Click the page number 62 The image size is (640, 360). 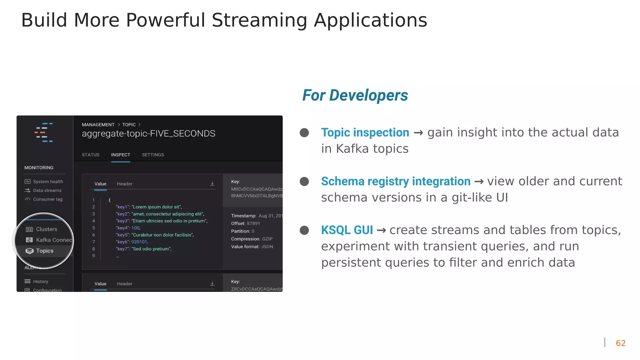[620, 343]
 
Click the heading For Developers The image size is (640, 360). [355, 95]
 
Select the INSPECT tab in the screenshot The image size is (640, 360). [121, 155]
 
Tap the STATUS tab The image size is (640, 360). [91, 155]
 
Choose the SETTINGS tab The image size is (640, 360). [153, 155]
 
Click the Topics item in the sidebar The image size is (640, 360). [44, 251]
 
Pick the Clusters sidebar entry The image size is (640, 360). [46, 229]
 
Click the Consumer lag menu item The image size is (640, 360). [47, 199]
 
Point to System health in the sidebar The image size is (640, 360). [48, 182]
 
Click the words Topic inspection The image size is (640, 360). [365, 132]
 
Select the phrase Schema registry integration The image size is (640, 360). [396, 181]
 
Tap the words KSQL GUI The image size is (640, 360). [347, 230]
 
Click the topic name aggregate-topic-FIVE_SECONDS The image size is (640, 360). [148, 133]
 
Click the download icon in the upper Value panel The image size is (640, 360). [212, 184]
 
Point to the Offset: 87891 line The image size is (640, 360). [245, 223]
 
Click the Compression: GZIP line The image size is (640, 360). [252, 239]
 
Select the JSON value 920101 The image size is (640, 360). [139, 242]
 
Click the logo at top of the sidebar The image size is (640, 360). [44, 132]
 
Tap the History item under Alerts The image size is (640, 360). [40, 282]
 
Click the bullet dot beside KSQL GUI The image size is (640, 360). [304, 230]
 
